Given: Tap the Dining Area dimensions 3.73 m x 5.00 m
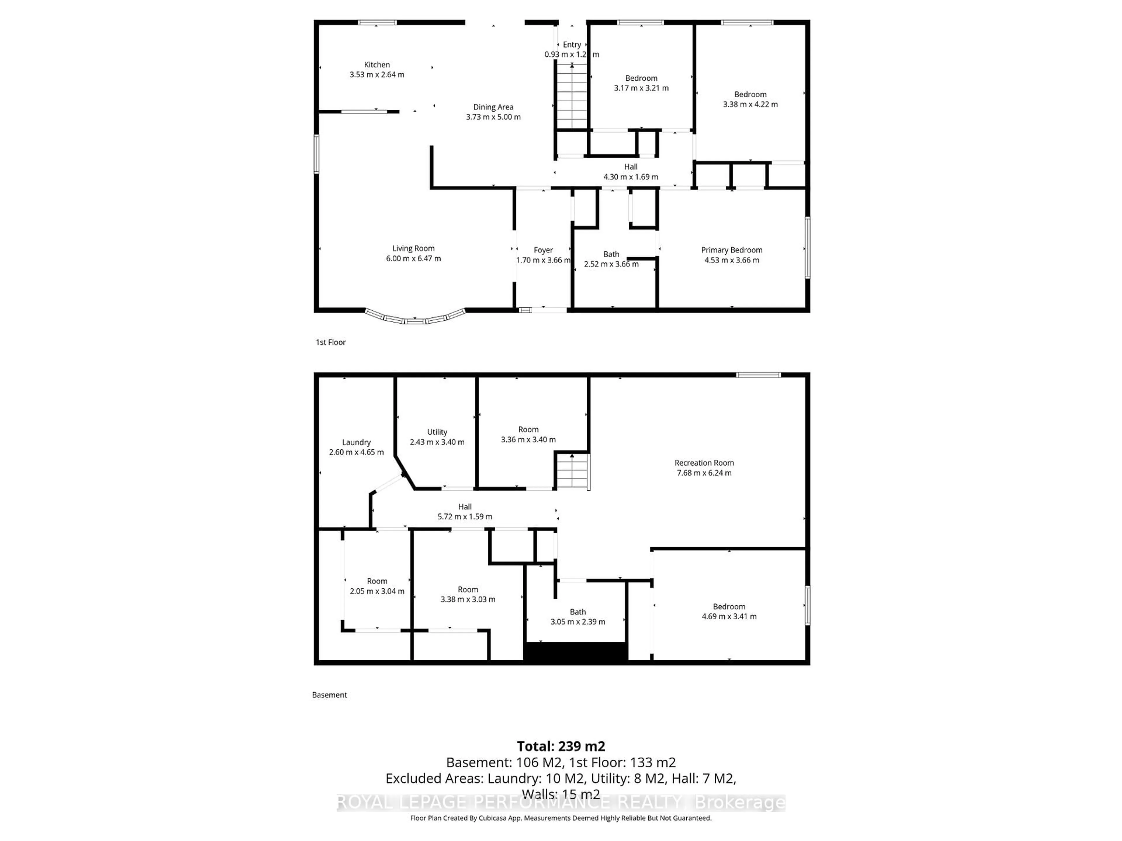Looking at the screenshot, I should click(493, 117).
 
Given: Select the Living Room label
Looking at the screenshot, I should click(413, 249).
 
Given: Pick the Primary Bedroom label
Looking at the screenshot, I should click(731, 250).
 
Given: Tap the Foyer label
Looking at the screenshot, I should click(543, 250).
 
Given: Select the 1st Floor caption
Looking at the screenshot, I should click(331, 342).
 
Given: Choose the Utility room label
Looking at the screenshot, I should click(437, 432).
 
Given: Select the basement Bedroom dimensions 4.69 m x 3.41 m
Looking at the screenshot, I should click(729, 616).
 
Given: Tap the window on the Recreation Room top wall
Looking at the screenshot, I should click(758, 375).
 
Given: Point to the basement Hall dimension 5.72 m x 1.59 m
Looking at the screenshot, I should click(465, 517).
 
